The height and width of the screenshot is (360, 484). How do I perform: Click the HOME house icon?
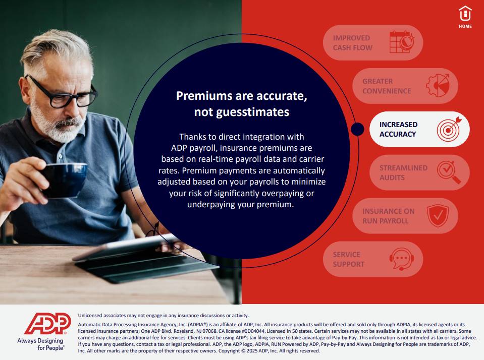click(x=465, y=14)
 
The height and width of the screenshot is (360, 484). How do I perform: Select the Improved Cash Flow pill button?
click(x=373, y=42)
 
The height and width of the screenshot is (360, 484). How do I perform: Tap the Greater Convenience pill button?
click(x=405, y=86)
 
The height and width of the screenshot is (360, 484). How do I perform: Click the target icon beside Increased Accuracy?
click(x=449, y=129)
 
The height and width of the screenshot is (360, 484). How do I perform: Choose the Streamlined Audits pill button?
click(x=419, y=172)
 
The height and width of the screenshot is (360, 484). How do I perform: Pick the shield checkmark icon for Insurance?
click(x=438, y=216)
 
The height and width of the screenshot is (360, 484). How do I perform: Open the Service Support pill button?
click(x=373, y=259)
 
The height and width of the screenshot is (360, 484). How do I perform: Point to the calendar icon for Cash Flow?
click(x=402, y=42)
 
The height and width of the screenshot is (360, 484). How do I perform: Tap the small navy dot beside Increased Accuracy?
click(x=357, y=129)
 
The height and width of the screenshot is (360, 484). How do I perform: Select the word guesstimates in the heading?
click(x=253, y=112)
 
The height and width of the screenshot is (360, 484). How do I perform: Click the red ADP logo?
click(x=47, y=324)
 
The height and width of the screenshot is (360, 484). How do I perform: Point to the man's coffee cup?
click(x=64, y=180)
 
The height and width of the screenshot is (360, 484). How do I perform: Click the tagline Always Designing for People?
click(x=41, y=344)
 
